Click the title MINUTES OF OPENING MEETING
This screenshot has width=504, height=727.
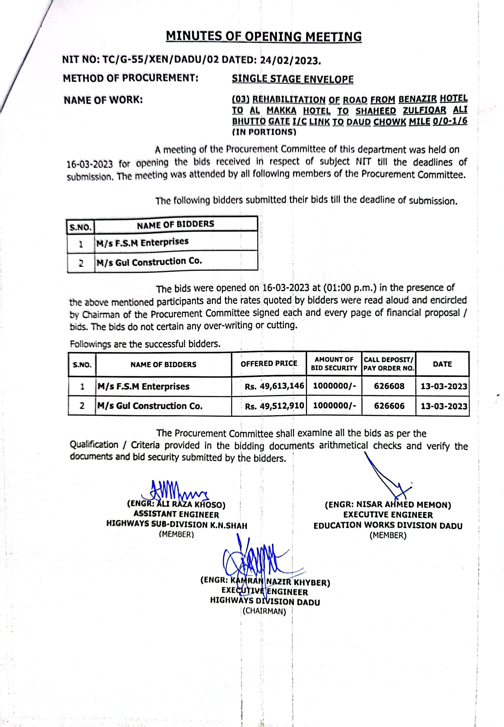click(264, 37)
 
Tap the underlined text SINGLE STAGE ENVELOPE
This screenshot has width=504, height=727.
click(292, 79)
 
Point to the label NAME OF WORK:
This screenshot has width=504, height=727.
click(103, 100)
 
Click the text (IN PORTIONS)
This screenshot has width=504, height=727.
click(264, 132)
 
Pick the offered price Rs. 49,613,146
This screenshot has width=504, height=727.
click(274, 386)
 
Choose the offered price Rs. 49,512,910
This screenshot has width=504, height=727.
click(274, 406)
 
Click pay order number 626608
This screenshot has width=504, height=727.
click(389, 386)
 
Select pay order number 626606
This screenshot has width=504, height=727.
click(389, 406)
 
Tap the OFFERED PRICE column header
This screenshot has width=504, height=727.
click(269, 364)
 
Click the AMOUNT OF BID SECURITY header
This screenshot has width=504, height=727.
click(334, 364)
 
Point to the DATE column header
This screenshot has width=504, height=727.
click(442, 364)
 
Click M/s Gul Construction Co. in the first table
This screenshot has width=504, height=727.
click(149, 262)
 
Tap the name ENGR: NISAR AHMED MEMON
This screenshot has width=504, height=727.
click(388, 505)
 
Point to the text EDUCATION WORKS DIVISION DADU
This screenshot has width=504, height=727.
click(388, 526)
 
